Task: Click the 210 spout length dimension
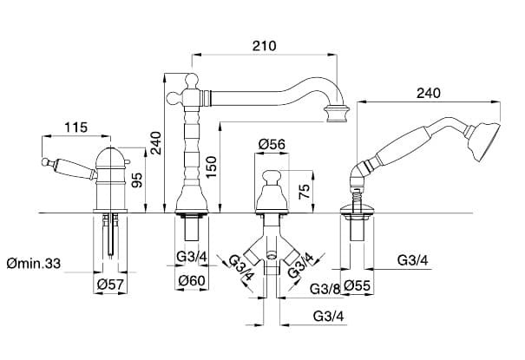(265, 45)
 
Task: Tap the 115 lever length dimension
(76, 128)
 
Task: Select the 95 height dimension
(137, 180)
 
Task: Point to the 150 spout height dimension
(211, 167)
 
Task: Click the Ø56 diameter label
(272, 144)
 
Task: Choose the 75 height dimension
(305, 192)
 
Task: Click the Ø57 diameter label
(110, 285)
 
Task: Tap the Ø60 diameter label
(192, 280)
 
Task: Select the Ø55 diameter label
(358, 285)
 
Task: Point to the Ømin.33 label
(34, 264)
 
